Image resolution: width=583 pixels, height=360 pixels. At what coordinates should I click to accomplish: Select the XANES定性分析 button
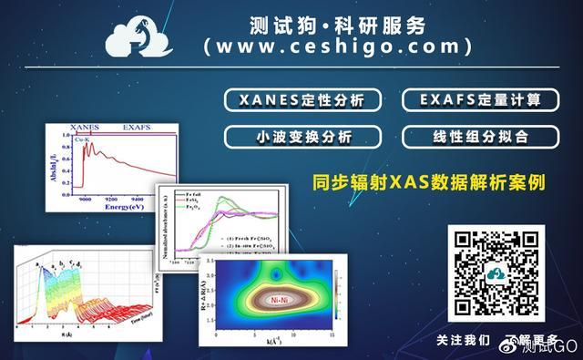[304, 100]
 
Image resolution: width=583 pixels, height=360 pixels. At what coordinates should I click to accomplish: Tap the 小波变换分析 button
[304, 138]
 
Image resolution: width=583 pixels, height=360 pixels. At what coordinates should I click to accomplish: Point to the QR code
[494, 272]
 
